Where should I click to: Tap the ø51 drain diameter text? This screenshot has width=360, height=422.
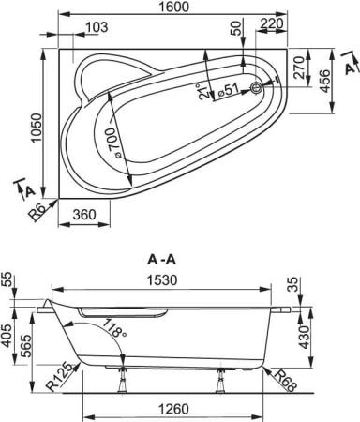click(x=228, y=92)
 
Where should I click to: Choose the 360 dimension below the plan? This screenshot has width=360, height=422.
click(x=84, y=214)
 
